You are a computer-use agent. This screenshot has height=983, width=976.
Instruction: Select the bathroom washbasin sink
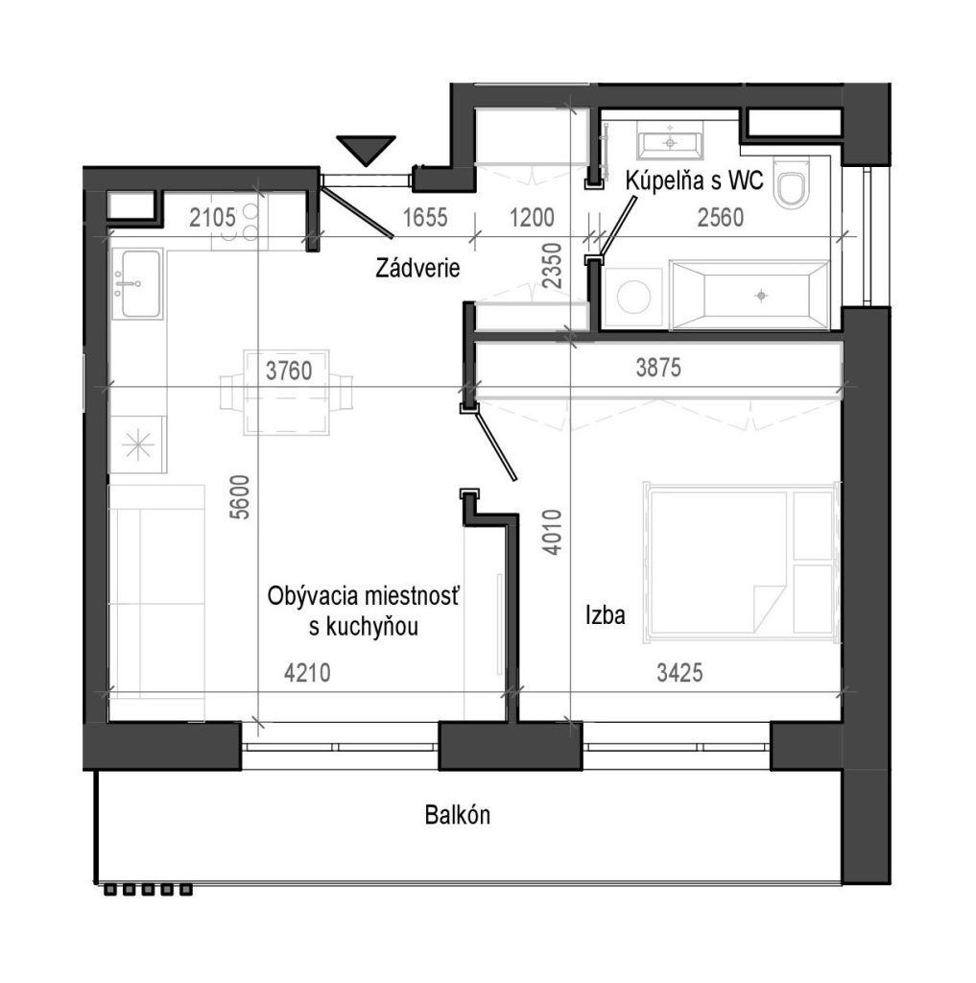point(670,141)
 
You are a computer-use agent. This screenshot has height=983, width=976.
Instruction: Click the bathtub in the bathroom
point(750,295)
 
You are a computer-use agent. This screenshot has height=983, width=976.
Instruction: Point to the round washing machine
point(633,297)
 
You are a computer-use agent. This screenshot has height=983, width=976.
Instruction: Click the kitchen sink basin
point(137,283)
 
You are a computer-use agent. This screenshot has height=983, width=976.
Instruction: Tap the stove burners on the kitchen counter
point(240,222)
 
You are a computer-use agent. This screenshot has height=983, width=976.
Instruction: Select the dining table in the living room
point(287,393)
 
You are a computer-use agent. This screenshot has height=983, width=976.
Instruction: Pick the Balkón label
point(458,815)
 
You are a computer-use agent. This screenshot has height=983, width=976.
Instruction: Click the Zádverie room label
point(417,269)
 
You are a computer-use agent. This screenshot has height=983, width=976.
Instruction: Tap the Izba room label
point(606,615)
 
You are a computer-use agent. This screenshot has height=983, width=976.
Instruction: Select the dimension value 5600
point(240,497)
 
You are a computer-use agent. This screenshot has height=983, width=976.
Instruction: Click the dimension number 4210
point(307,673)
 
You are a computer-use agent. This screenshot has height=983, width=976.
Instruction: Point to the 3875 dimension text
point(658,368)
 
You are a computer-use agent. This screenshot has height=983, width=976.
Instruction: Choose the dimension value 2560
point(721,218)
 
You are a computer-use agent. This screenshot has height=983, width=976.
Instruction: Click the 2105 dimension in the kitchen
point(212,218)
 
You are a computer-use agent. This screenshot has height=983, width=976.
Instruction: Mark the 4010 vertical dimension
point(553,532)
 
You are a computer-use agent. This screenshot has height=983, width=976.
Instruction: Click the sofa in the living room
point(157,603)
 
